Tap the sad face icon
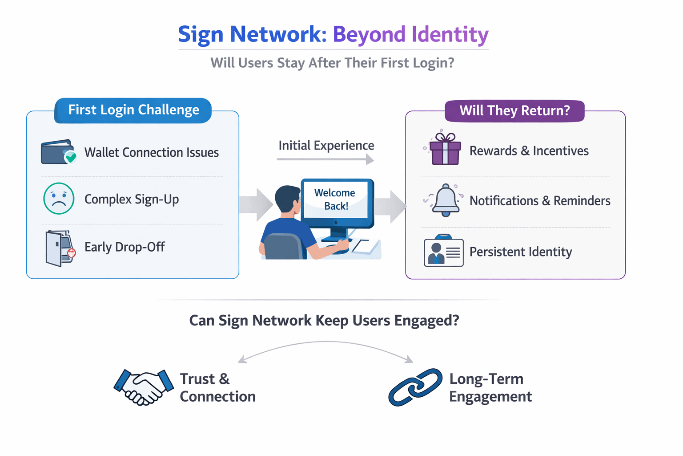(59, 199)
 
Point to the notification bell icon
(446, 200)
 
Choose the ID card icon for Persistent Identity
(443, 251)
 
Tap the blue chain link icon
(415, 387)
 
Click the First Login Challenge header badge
(133, 110)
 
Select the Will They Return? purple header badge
(514, 110)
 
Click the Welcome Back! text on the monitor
(335, 199)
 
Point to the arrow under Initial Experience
(325, 159)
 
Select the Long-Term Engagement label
(490, 387)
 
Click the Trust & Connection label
(217, 387)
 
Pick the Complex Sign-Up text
(132, 199)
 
